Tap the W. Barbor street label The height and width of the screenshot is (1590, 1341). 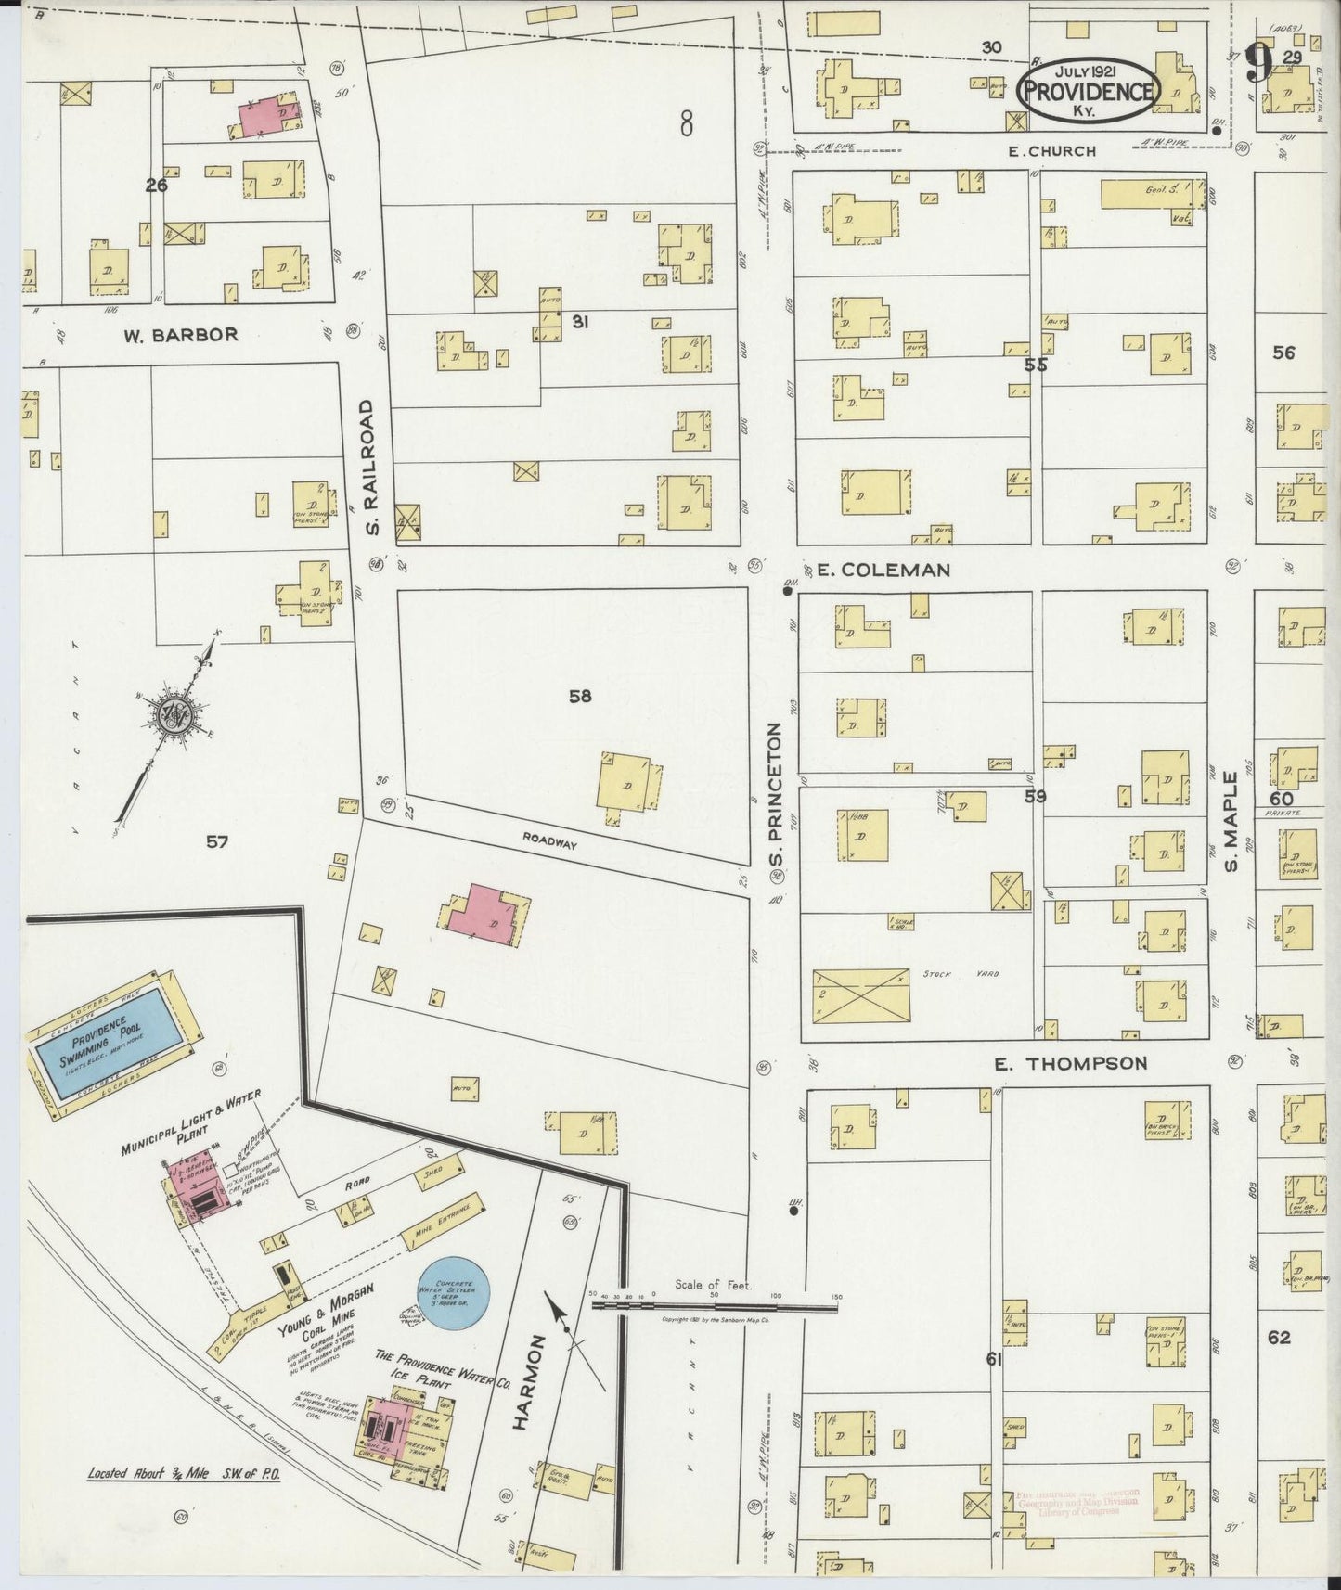click(181, 335)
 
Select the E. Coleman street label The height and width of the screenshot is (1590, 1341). click(883, 570)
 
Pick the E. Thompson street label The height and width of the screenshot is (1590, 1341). click(1070, 1063)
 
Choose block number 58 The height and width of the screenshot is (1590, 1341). click(580, 696)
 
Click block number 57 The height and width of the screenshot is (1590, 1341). click(217, 841)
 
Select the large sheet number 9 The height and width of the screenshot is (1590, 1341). click(1259, 63)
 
